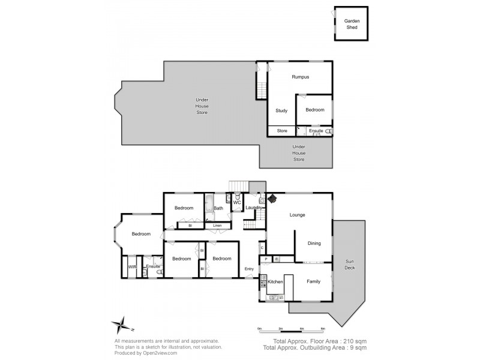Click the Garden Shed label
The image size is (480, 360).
pos(352,24)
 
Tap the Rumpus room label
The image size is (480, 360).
pos(300,77)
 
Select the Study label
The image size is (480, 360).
pos(281,110)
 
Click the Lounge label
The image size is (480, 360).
pos(297,215)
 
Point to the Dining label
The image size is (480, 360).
pos(314,243)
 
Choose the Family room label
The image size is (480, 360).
pos(313,281)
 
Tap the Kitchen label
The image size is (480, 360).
pos(275,281)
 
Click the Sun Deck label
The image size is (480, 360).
pos(349,265)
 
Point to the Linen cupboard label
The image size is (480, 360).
pos(217,226)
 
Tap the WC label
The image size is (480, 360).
pos(236,203)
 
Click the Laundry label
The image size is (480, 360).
pos(254,208)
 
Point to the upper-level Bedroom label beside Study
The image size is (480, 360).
pos(314,110)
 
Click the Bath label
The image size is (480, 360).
pos(218,208)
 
